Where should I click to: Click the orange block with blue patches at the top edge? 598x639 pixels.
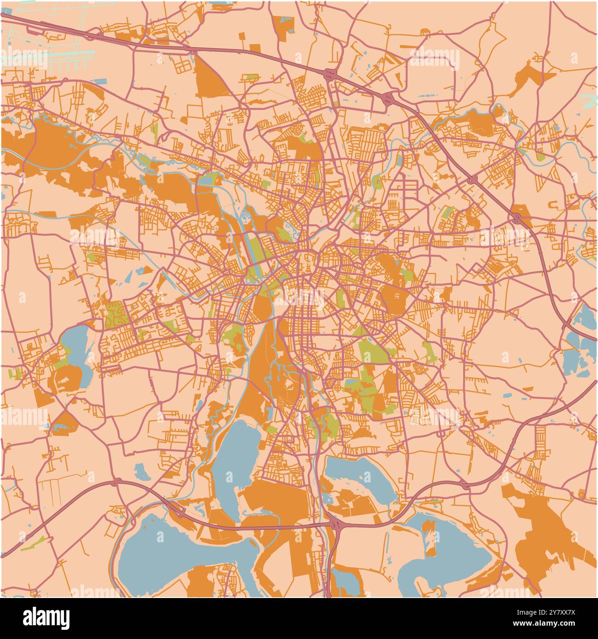click(x=283, y=25)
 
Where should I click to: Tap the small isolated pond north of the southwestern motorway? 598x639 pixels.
click(x=139, y=470)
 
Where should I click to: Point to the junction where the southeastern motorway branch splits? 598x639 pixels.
click(x=465, y=484)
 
